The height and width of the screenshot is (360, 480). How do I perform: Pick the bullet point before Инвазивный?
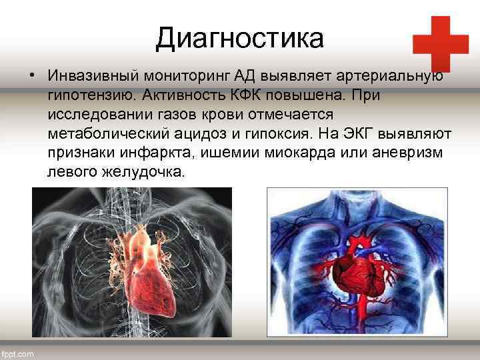pos(31,76)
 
